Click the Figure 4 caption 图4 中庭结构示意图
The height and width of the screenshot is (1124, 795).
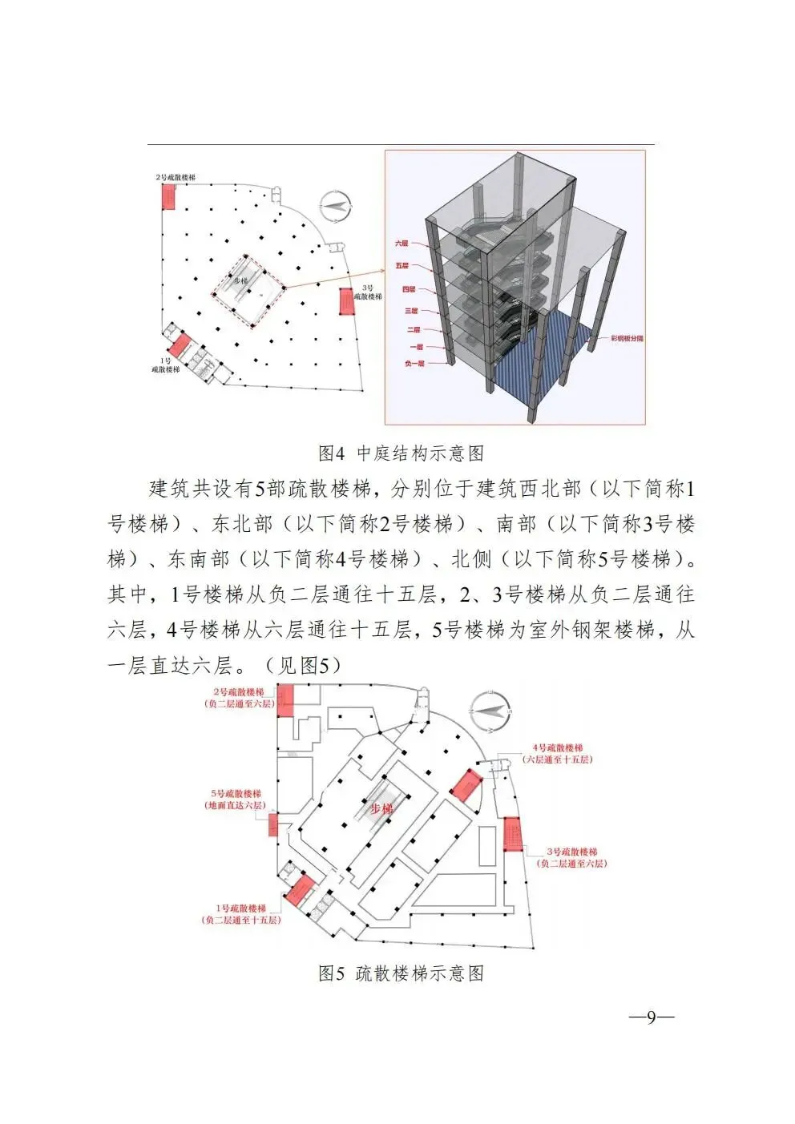pyautogui.click(x=401, y=453)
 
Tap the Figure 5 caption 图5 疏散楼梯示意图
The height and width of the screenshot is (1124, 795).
pyautogui.click(x=401, y=973)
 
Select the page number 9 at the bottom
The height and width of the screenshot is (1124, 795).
pyautogui.click(x=651, y=1017)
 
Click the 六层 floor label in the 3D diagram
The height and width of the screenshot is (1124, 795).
pyautogui.click(x=401, y=242)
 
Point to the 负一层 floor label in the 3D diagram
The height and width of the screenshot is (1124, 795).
pyautogui.click(x=414, y=363)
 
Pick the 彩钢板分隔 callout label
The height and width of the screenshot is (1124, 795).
pyautogui.click(x=627, y=339)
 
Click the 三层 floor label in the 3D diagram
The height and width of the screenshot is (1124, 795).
pyautogui.click(x=410, y=310)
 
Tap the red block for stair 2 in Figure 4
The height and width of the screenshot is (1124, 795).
pyautogui.click(x=168, y=195)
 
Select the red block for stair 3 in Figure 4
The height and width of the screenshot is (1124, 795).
pyautogui.click(x=347, y=302)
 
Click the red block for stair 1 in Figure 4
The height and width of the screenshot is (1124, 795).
pyautogui.click(x=180, y=345)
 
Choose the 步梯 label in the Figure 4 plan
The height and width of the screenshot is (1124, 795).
pyautogui.click(x=240, y=281)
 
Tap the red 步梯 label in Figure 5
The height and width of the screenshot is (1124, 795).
pyautogui.click(x=381, y=809)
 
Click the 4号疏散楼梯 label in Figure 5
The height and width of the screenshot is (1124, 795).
pyautogui.click(x=558, y=747)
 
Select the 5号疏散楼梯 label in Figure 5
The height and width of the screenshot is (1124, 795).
pyautogui.click(x=236, y=793)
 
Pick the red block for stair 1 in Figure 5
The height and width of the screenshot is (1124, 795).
pyautogui.click(x=301, y=890)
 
